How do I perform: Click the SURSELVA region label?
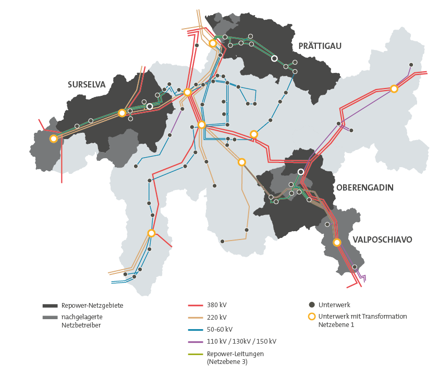click(x=87, y=84)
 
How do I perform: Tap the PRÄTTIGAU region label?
click(x=320, y=46)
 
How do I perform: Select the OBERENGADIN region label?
click(x=364, y=187)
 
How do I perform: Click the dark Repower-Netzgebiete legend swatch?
click(x=50, y=306)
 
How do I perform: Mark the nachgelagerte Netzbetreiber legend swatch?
click(x=50, y=317)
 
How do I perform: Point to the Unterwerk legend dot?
click(x=312, y=305)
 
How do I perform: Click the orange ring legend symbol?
click(x=312, y=317)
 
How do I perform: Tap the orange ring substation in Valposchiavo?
click(x=337, y=242)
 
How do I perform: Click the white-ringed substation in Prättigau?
click(x=274, y=58)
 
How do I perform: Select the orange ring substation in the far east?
click(x=394, y=89)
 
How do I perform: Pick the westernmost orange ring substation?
click(x=53, y=138)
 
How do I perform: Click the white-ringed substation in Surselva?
click(x=150, y=106)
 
